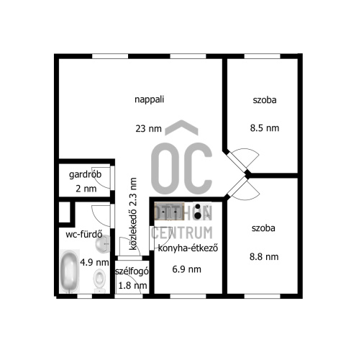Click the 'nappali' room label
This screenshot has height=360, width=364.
tap(149, 99)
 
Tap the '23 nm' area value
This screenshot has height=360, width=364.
tap(148, 129)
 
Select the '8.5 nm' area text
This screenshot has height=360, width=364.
tap(265, 128)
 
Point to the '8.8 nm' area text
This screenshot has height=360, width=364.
tap(264, 257)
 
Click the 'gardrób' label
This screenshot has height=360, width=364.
tap(85, 174)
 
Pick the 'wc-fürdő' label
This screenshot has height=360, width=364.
tap(84, 234)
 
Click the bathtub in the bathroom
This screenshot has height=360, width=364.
tap(69, 271)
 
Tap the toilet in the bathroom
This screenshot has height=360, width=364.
tap(99, 281)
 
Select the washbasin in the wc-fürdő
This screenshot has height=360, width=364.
tap(103, 243)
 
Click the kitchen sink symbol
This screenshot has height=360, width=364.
tap(169, 212)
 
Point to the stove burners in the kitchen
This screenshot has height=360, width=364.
tap(198, 212)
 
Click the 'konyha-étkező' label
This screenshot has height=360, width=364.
tap(188, 248)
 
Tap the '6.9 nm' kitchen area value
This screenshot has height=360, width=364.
tap(186, 269)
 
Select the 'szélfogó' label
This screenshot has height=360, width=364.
tap(132, 271)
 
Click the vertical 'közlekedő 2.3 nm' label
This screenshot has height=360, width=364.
tap(133, 214)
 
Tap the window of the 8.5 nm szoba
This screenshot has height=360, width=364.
tap(263, 56)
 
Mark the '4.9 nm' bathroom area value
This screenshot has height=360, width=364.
tap(94, 262)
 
